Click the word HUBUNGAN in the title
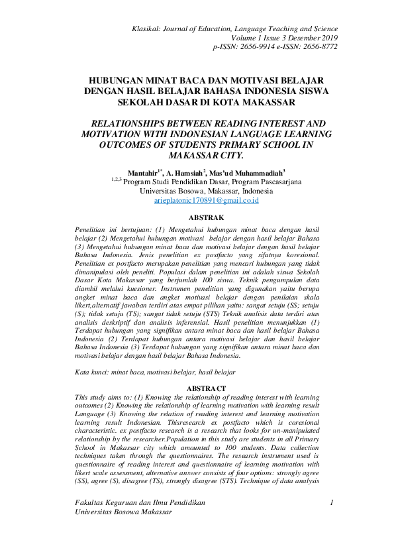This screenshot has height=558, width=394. coord(117,80)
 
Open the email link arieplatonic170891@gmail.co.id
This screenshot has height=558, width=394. coord(206,199)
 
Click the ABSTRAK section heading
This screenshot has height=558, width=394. coord(206,217)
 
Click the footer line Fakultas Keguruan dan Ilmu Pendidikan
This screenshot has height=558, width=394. coord(140,522)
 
